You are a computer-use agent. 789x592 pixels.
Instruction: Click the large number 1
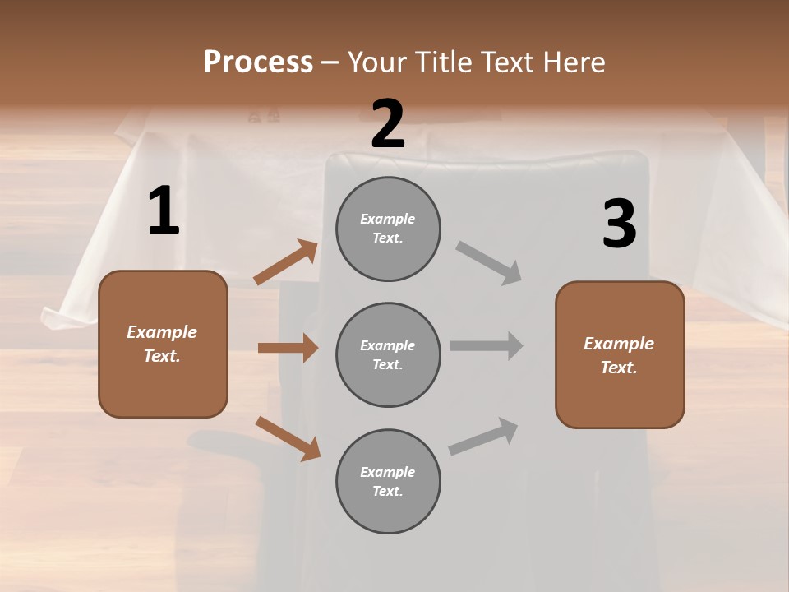[164, 211]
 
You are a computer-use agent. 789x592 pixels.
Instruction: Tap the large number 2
[388, 123]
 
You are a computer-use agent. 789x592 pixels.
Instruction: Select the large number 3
[619, 224]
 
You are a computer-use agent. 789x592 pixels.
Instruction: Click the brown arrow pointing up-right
[285, 262]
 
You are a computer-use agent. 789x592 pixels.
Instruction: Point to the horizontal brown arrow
[288, 348]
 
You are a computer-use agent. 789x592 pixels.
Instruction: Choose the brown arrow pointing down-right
[288, 437]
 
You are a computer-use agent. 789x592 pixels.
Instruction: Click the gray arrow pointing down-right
[488, 262]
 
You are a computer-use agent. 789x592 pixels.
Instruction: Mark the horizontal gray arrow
[486, 345]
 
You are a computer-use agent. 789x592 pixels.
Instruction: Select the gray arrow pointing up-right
[483, 436]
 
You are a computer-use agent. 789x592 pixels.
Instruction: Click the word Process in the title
[258, 62]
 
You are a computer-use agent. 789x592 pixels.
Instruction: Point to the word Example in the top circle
[388, 219]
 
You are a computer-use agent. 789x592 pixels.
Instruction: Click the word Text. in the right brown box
[619, 368]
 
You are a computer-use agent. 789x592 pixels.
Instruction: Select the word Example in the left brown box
[162, 332]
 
